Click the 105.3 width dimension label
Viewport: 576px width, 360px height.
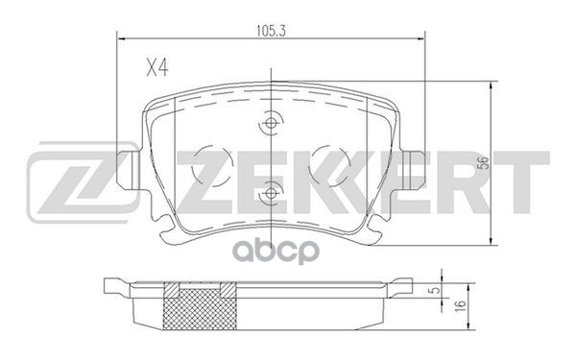click(271, 32)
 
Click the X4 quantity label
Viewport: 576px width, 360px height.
click(157, 68)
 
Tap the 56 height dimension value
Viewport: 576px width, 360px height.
click(485, 163)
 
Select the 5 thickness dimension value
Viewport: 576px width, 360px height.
click(435, 290)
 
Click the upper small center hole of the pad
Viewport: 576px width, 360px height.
click(271, 123)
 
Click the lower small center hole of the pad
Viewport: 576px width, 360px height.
click(271, 193)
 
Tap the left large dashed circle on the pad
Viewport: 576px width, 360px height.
click(212, 165)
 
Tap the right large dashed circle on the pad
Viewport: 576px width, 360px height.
click(329, 165)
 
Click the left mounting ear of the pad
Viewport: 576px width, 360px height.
click(129, 170)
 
